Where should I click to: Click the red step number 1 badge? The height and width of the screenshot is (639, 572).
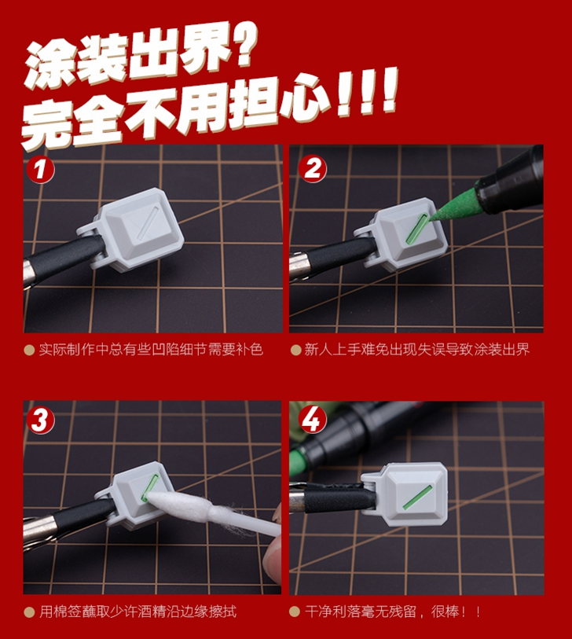click(40, 169)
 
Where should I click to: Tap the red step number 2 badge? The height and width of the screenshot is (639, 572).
click(312, 168)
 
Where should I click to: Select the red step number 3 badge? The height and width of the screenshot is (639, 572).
click(40, 420)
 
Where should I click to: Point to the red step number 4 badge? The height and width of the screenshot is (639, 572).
click(312, 420)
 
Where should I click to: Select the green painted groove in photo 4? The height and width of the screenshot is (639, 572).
click(417, 498)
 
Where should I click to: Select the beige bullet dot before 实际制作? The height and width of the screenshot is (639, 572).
click(29, 350)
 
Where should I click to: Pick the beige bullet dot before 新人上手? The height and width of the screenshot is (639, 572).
click(295, 350)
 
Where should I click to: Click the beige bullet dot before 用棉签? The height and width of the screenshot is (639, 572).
click(29, 611)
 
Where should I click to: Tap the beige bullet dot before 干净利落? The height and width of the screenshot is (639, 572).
click(294, 611)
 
